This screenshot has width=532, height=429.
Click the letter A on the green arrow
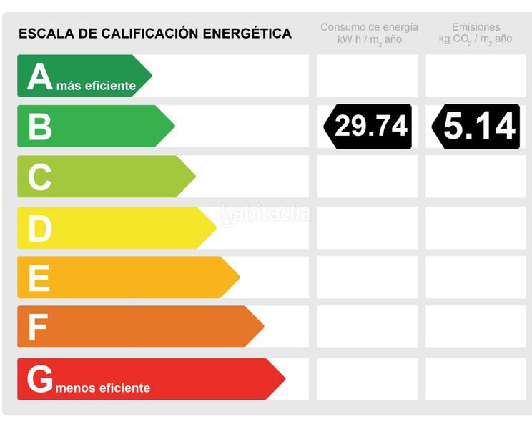(x=40, y=77)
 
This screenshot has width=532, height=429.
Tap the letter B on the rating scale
(x=40, y=127)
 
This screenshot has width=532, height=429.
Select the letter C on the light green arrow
(x=40, y=177)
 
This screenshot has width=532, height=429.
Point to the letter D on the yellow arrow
(x=40, y=229)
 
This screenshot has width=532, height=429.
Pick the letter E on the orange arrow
(x=39, y=278)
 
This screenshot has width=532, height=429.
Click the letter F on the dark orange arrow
(x=38, y=327)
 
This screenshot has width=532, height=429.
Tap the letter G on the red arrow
(x=40, y=379)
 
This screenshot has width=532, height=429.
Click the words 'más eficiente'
(x=96, y=87)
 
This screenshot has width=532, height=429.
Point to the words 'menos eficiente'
(x=103, y=388)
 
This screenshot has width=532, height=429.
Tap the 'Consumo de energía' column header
(x=369, y=28)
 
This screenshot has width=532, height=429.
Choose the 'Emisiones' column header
(x=476, y=28)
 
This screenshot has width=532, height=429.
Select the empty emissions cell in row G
(x=476, y=379)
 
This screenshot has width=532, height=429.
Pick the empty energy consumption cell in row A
(x=368, y=76)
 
